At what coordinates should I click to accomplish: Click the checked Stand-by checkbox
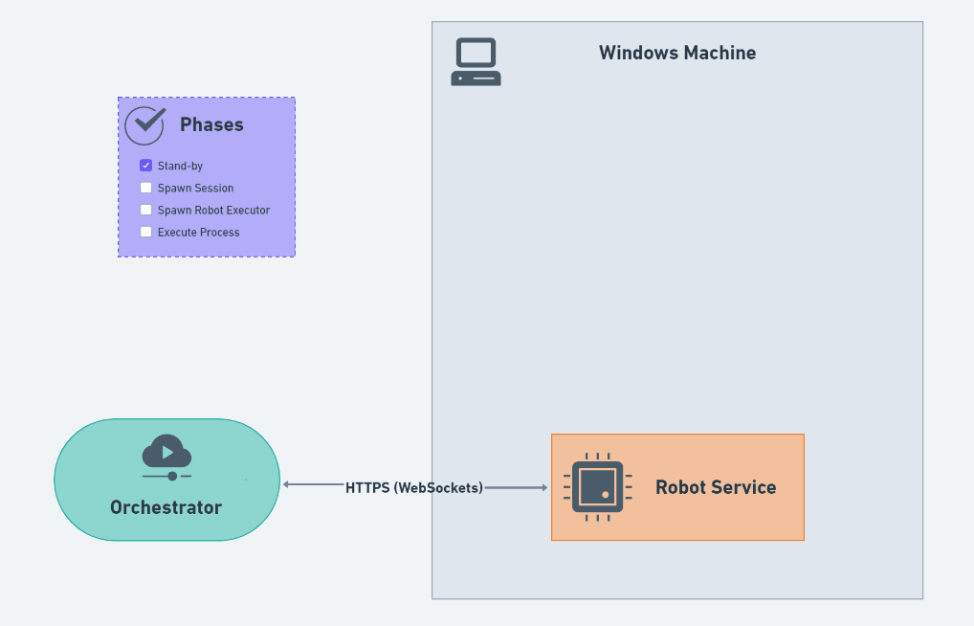tap(146, 166)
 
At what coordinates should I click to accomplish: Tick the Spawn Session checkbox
tap(146, 188)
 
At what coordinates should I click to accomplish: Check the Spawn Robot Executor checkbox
tap(146, 210)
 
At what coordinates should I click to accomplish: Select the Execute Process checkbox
tap(146, 232)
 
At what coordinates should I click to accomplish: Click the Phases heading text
tap(211, 124)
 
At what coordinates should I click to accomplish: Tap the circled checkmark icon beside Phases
tap(145, 124)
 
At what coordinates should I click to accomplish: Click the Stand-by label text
tap(180, 167)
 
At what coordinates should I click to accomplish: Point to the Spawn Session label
tap(195, 189)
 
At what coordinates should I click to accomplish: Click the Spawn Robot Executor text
tap(213, 211)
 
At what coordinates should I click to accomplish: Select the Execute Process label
tap(198, 233)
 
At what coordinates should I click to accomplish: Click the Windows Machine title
tap(677, 53)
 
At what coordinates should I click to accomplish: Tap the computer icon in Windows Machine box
tap(476, 62)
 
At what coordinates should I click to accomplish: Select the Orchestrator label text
tap(166, 507)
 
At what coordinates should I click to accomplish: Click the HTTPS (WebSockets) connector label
tap(414, 487)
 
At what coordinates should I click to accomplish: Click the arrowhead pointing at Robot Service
tap(543, 488)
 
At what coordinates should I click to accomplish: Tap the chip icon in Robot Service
tap(598, 487)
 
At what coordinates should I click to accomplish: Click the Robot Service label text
tap(716, 487)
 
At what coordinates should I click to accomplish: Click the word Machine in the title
tap(719, 53)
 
